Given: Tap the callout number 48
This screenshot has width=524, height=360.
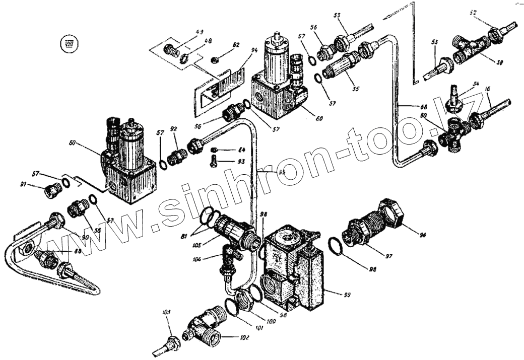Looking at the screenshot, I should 207,41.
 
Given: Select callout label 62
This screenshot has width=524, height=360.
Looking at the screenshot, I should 236,45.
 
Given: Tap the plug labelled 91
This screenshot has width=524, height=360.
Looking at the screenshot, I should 51,190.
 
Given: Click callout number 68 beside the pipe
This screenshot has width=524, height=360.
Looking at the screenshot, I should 423,106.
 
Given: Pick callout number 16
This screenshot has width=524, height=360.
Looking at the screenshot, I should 487,89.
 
